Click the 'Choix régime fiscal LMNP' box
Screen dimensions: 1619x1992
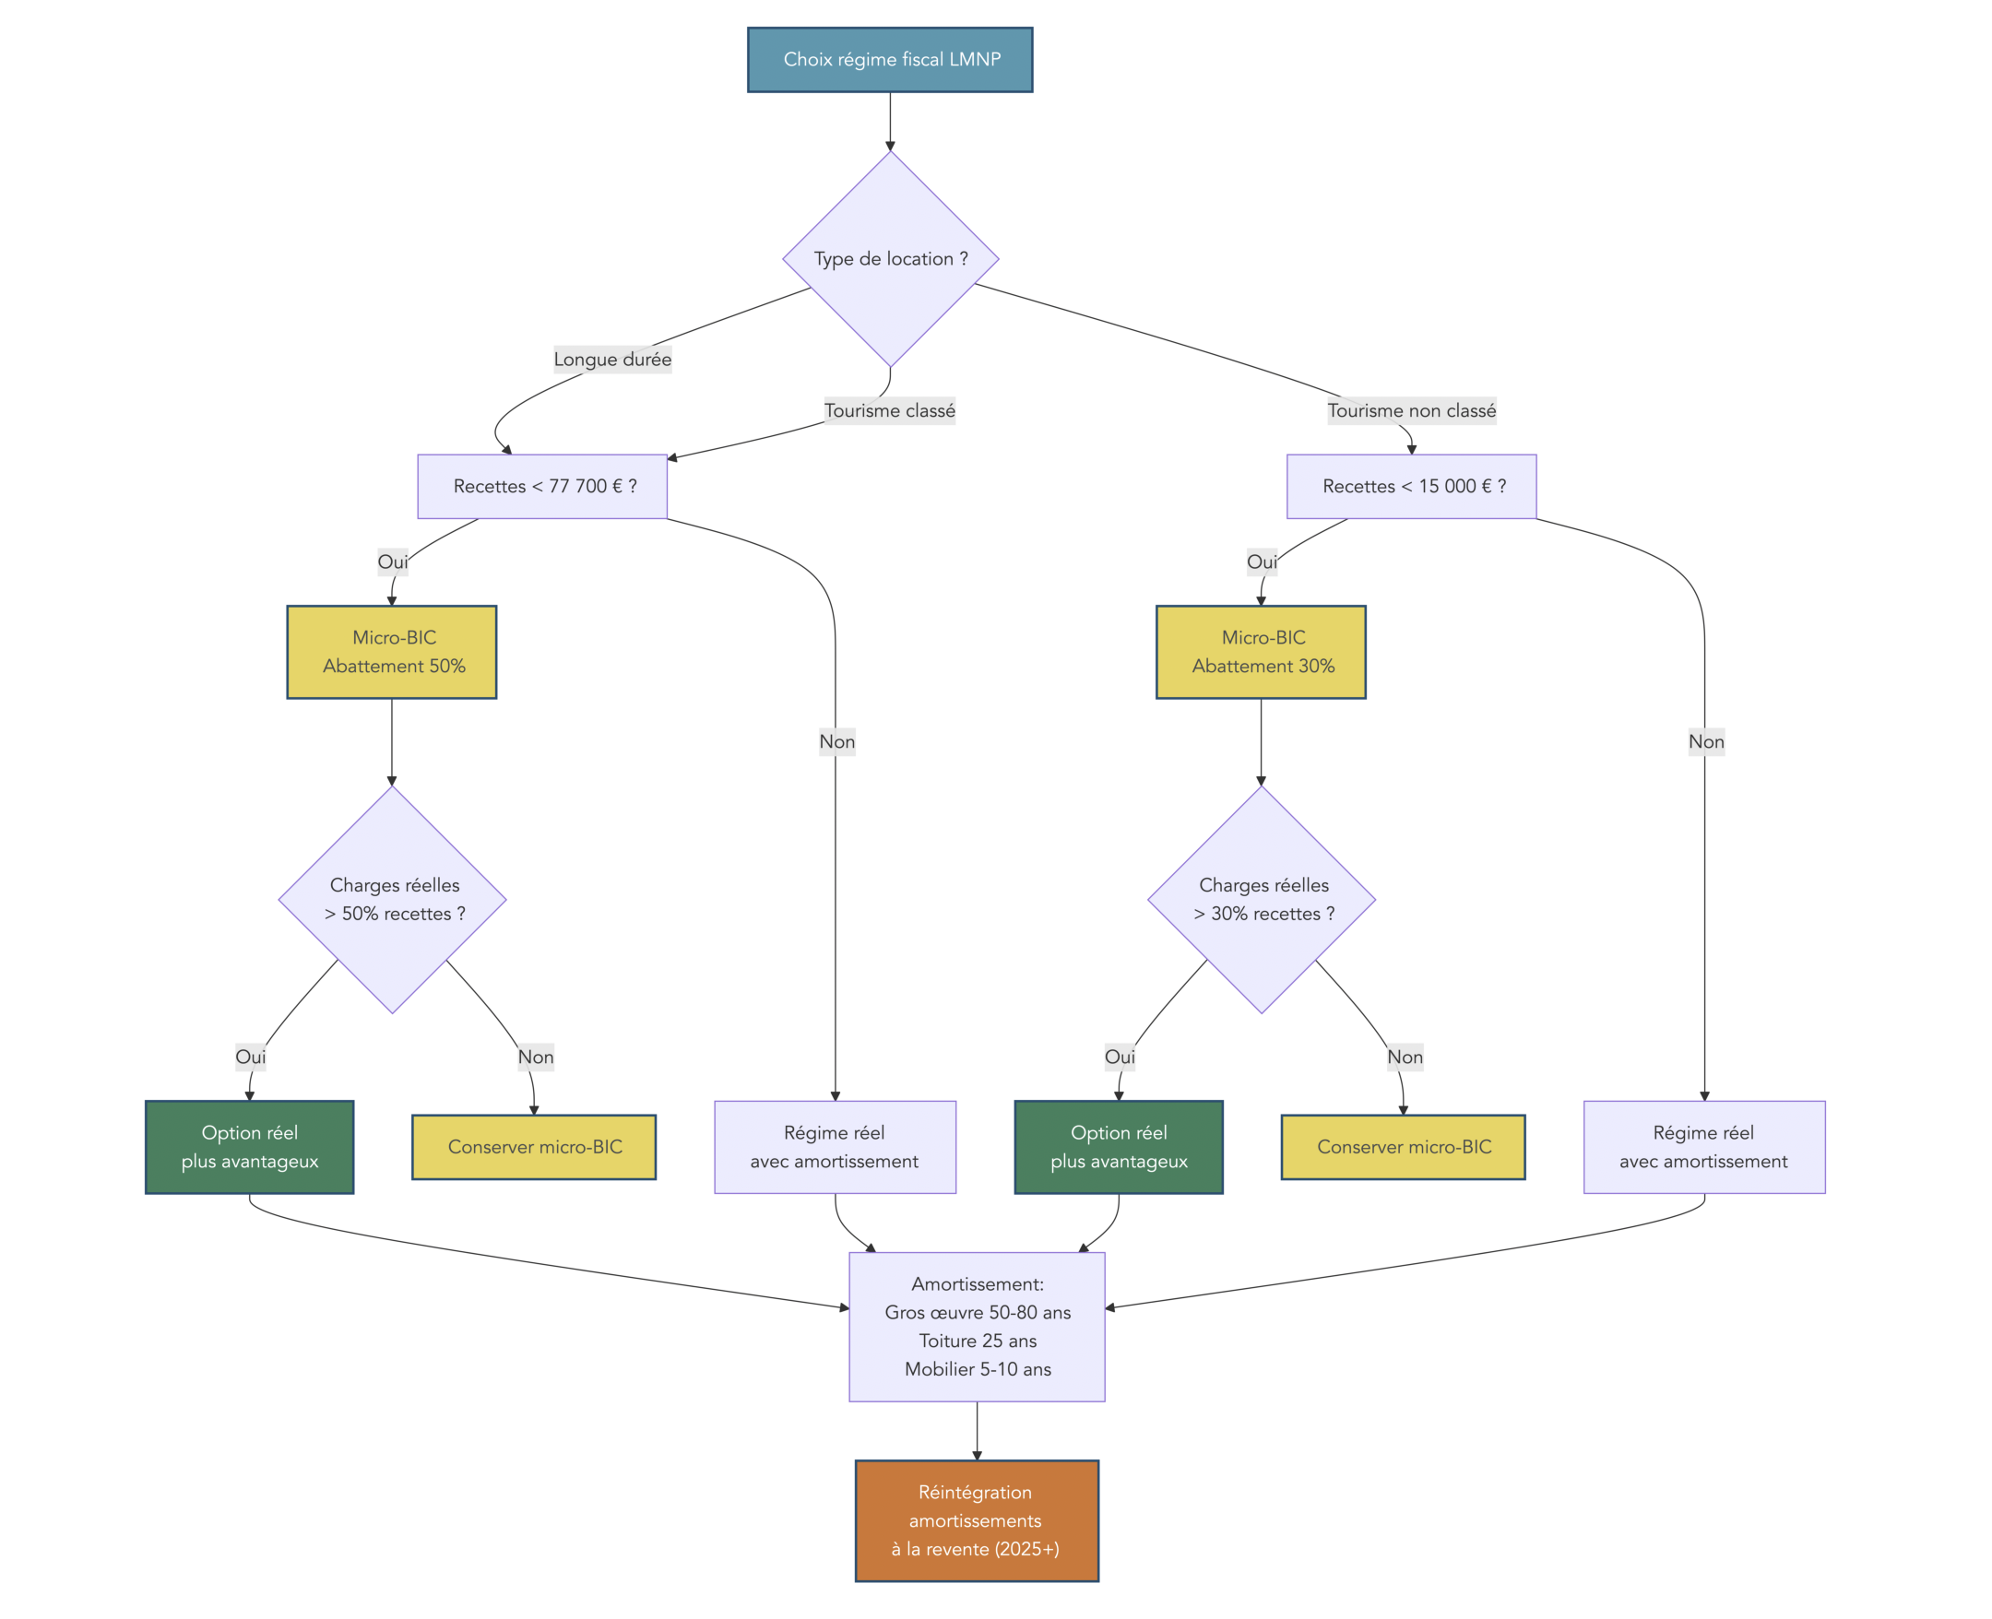coord(890,60)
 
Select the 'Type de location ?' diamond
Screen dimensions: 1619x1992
coord(890,258)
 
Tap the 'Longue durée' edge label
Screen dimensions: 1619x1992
coord(611,359)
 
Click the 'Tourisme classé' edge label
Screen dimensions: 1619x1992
coord(889,410)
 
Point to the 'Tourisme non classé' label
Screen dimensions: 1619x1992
coord(1411,410)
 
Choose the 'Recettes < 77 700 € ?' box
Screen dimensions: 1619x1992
coord(542,486)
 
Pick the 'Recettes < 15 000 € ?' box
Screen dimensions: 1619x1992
coord(1411,486)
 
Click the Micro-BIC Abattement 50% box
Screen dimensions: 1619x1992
coord(392,652)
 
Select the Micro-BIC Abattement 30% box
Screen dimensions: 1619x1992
coord(1261,652)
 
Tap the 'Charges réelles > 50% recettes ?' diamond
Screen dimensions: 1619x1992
coord(393,899)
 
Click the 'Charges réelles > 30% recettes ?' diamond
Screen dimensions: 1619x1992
coord(1262,899)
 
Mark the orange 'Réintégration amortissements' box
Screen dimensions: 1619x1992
coord(977,1520)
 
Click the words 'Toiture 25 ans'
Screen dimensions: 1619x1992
coord(978,1341)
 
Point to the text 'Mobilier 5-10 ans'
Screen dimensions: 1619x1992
coord(978,1369)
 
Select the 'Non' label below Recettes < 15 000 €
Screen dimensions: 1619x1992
coord(1706,741)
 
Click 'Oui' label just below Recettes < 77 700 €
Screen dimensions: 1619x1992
coord(393,561)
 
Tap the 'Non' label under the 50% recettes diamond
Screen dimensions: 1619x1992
coord(535,1057)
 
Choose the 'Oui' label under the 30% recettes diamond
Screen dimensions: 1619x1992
coord(1119,1057)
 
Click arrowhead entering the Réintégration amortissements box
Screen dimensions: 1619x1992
coord(978,1455)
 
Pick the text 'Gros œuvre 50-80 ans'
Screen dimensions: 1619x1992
coord(978,1312)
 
